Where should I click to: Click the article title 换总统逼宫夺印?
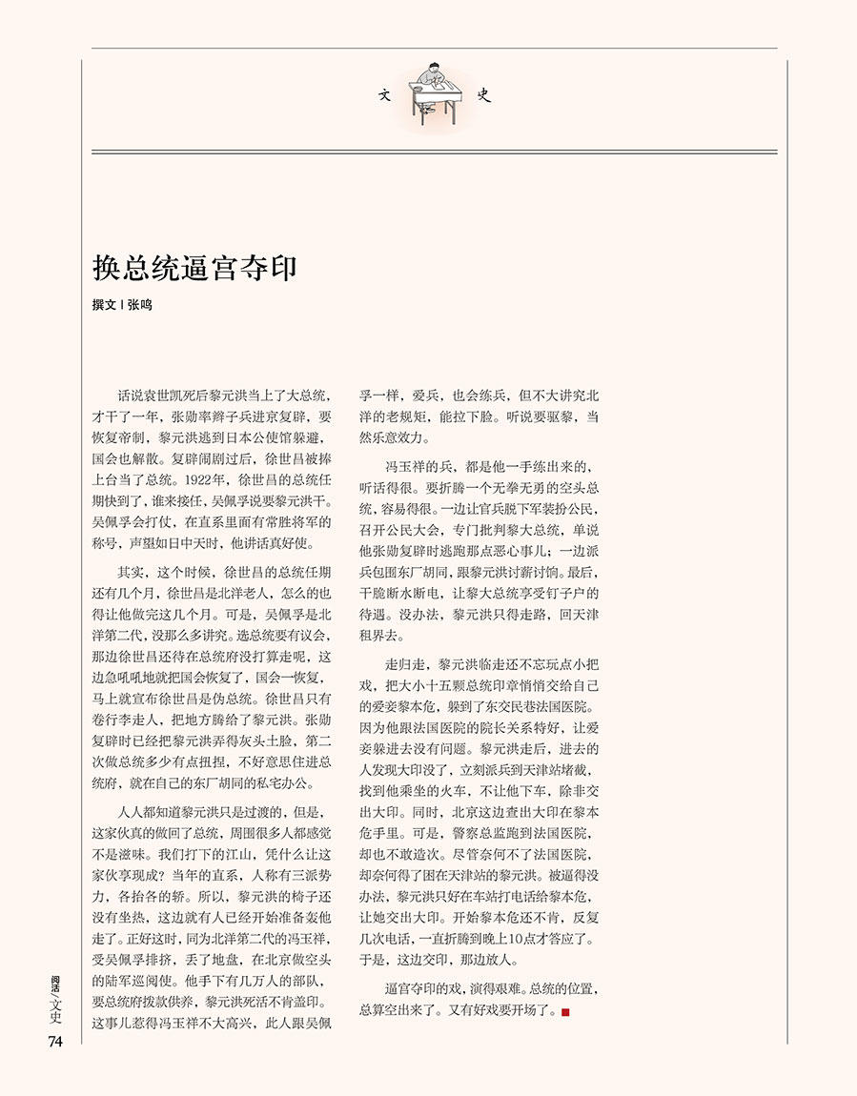point(194,269)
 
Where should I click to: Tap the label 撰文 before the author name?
point(103,306)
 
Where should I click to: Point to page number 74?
point(54,1042)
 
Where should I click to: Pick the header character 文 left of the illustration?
point(385,95)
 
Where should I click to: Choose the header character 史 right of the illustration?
point(483,95)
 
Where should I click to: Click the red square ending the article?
point(565,1011)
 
